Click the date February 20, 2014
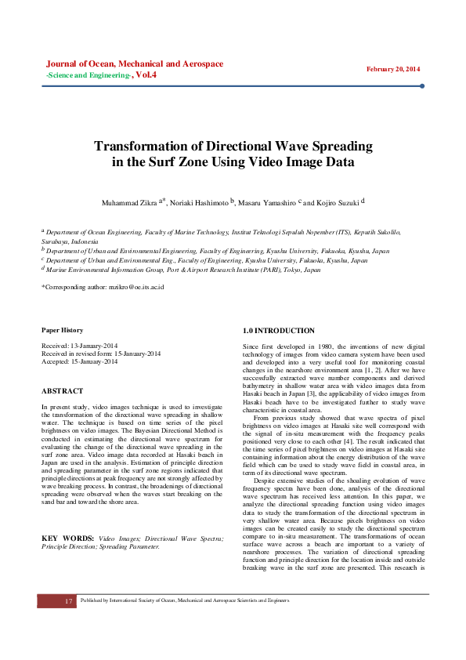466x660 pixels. tap(393, 69)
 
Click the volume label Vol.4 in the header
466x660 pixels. tap(146, 75)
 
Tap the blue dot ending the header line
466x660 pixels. tap(422, 86)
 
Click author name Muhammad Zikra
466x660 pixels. tap(128, 202)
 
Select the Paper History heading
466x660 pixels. tap(62, 330)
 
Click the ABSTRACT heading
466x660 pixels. tap(62, 390)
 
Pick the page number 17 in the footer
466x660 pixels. tap(69, 600)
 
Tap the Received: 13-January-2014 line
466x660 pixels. tap(79, 346)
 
